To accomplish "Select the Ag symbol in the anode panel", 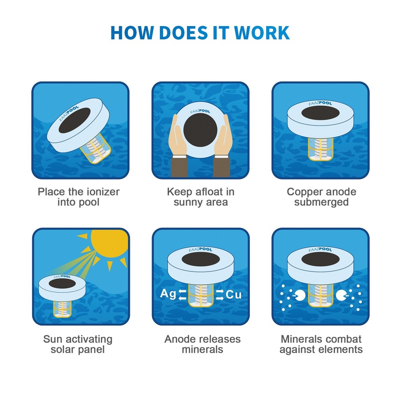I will [x=168, y=294].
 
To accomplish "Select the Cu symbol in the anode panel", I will [x=234, y=295].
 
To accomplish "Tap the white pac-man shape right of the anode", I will [x=341, y=296].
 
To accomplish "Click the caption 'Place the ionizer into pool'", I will [x=79, y=196].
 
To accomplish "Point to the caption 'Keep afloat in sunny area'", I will [x=200, y=196].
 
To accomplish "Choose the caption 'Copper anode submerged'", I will [x=321, y=196].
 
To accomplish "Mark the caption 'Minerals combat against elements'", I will [x=321, y=344].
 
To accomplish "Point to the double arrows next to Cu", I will [x=219, y=295].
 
